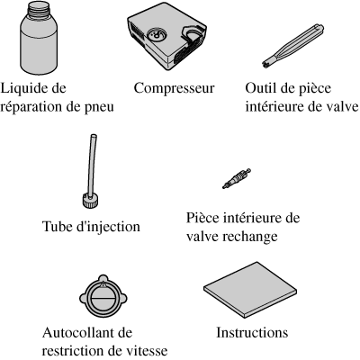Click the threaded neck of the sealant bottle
pos(39,8)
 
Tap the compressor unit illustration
pos(166,37)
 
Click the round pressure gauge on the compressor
pos(157,35)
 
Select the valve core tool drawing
pos(292,46)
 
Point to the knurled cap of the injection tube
pos(90,201)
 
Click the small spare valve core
pos(237,178)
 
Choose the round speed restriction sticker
pos(103,296)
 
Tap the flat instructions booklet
pos(250,290)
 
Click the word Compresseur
pos(174,88)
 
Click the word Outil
pos(259,88)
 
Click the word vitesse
pos(148,350)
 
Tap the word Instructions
pos(252,333)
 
